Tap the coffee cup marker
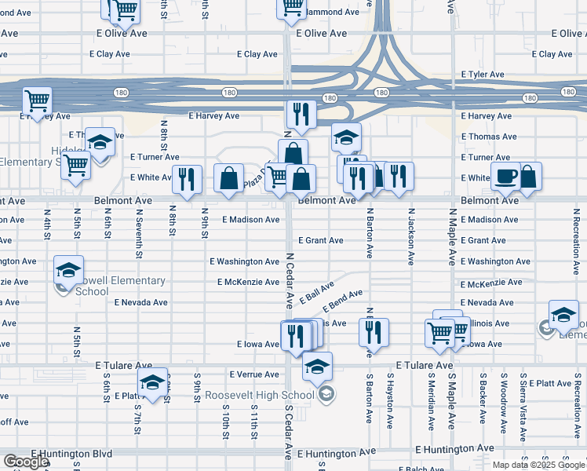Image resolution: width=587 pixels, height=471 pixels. [x=505, y=177]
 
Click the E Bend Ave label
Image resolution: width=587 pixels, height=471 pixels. [x=342, y=299]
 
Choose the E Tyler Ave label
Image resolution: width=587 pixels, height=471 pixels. [x=483, y=75]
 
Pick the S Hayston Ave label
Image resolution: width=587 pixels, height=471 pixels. [x=390, y=400]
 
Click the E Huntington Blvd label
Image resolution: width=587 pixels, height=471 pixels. [x=72, y=454]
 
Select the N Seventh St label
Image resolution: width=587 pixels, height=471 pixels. [x=139, y=233]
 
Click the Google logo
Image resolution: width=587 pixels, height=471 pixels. [x=26, y=462]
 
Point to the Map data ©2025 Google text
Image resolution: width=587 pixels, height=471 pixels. [x=538, y=465]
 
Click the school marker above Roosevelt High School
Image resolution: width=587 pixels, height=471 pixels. [x=317, y=367]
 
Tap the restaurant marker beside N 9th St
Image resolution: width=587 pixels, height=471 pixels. [x=187, y=178]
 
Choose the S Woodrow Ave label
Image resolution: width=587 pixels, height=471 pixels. [x=503, y=401]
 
